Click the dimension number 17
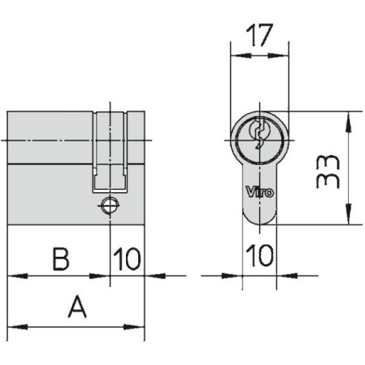(x=259, y=35)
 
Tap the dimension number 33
(x=328, y=171)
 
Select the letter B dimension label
(x=61, y=259)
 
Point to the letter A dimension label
(x=78, y=307)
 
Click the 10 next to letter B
(x=127, y=259)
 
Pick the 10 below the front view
(x=259, y=255)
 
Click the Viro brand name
(x=259, y=192)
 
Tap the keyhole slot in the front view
(x=259, y=133)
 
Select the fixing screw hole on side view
(x=110, y=205)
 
